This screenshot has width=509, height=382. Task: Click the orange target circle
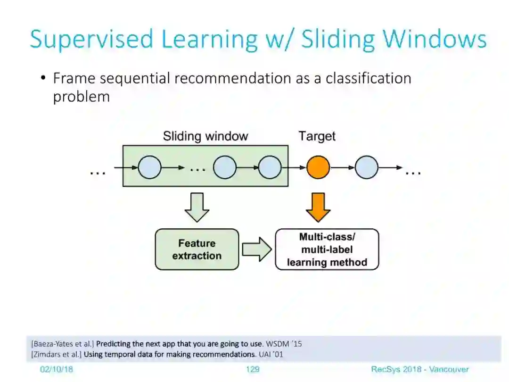click(318, 167)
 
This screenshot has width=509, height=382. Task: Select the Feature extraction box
click(197, 249)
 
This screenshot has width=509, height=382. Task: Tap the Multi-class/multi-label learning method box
click(327, 249)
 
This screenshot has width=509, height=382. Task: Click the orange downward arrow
click(318, 207)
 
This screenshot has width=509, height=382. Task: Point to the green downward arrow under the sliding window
click(197, 207)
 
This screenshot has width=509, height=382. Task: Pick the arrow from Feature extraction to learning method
click(256, 249)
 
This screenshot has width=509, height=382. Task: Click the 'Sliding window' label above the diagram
click(205, 137)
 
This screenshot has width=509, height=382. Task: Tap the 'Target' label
click(317, 137)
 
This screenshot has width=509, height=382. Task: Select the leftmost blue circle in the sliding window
click(149, 167)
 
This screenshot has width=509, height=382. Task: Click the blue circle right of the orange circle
click(366, 167)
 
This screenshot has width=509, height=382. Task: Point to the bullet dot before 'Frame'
click(43, 78)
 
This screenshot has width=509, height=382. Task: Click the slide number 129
click(253, 369)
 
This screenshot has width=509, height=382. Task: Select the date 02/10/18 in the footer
click(57, 369)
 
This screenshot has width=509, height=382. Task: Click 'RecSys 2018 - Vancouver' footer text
click(419, 369)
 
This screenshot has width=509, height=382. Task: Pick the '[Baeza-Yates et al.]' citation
click(62, 344)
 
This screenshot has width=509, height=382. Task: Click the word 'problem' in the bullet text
click(81, 97)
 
